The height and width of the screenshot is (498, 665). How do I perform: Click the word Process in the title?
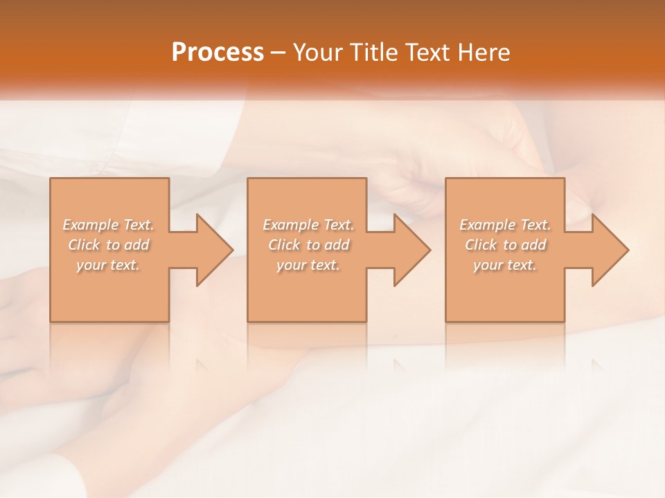pos(218,53)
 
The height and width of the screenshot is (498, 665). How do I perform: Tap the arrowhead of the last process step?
pos(609,250)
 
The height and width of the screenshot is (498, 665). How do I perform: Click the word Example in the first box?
pos(91,225)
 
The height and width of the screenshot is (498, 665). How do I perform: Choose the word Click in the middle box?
pos(284,245)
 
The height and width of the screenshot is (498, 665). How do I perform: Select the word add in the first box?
pos(136,245)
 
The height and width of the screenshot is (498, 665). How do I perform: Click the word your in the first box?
pos(91,265)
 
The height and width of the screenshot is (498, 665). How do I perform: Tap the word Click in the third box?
pos(481,245)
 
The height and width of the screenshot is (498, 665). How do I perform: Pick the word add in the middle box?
pos(337,245)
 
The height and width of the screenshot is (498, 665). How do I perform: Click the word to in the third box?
pos(511,245)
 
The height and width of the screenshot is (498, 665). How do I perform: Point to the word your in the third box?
pos(488,265)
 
